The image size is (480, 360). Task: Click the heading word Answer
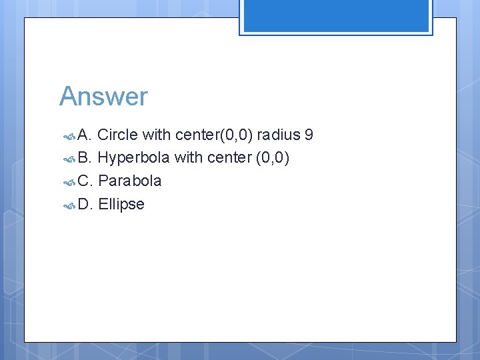[103, 97]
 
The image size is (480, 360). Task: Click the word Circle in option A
[117, 135]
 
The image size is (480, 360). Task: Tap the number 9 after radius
[308, 135]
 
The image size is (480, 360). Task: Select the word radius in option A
[279, 135]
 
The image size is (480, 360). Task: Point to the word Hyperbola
[133, 158]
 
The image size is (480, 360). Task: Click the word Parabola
[130, 181]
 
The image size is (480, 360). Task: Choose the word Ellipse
[121, 204]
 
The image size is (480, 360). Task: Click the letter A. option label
[85, 135]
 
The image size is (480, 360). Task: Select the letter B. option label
[85, 158]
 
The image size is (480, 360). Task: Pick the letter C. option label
[85, 181]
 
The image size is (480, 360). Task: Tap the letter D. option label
[85, 204]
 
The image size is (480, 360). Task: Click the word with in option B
[189, 158]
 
